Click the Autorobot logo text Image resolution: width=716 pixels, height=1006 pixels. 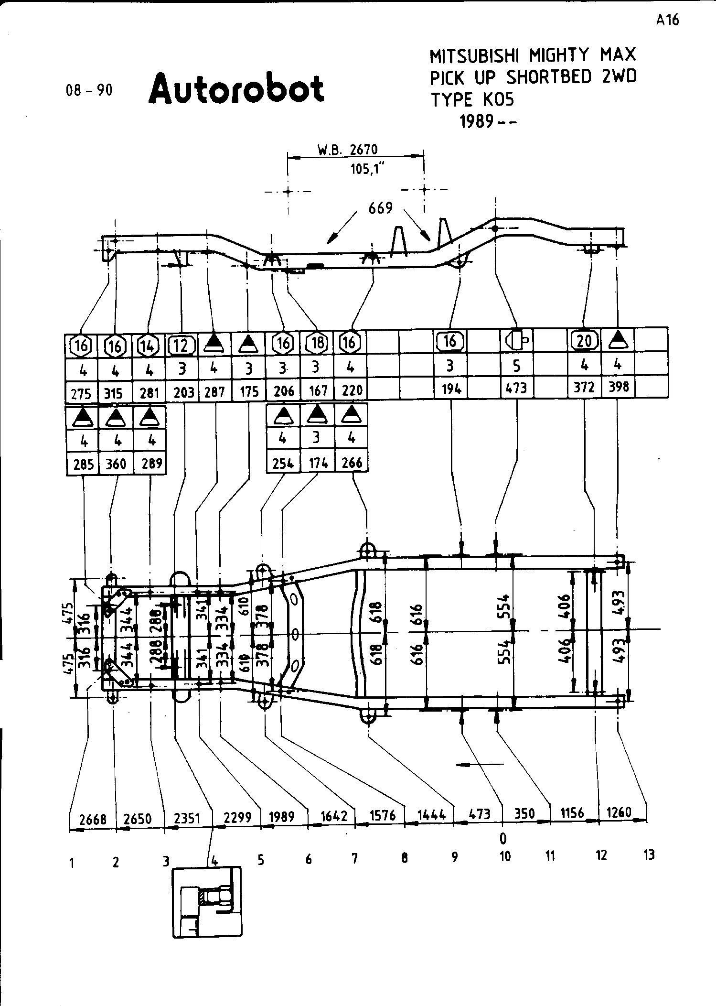point(236,89)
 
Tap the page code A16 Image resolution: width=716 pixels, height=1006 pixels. point(667,20)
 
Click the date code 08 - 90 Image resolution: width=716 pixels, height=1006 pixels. point(89,90)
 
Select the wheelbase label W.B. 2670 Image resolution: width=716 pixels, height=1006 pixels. point(347,150)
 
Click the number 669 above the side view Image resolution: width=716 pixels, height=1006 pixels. point(381,208)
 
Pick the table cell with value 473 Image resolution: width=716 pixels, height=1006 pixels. point(517,387)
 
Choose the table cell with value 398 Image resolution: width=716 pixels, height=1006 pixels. point(619,386)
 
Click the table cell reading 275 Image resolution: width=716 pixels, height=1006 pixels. point(81,393)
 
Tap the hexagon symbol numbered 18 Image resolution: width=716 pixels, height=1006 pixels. point(317,342)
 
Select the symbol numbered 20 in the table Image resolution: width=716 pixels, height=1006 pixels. point(584,341)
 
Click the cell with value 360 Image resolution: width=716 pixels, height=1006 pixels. point(116,463)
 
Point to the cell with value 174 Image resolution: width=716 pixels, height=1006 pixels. point(318,463)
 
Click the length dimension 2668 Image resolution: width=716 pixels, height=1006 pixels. point(93,820)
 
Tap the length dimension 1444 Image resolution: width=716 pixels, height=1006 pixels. point(431,814)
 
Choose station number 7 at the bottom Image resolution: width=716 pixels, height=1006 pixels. point(354,859)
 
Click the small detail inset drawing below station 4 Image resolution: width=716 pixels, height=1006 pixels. point(206,902)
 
